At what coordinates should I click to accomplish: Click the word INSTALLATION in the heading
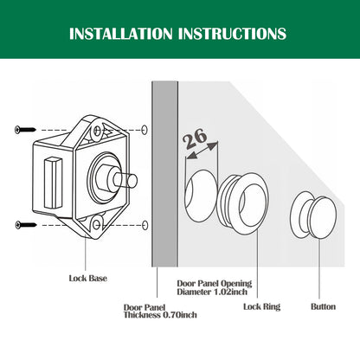(121, 34)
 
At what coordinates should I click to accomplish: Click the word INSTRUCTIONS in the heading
(232, 34)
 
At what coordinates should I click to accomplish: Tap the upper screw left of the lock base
(25, 130)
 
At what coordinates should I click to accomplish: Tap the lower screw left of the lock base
(26, 224)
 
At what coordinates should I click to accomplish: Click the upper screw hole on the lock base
(98, 131)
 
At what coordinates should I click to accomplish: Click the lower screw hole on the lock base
(97, 224)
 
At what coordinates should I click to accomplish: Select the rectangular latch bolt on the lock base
(53, 183)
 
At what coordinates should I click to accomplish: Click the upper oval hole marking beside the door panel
(145, 130)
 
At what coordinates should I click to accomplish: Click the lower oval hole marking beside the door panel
(145, 225)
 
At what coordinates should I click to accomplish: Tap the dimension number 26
(195, 138)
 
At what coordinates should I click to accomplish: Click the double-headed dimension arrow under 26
(202, 151)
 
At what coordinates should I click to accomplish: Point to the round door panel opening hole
(201, 196)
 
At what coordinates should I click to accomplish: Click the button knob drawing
(313, 215)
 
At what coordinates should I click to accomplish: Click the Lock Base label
(88, 279)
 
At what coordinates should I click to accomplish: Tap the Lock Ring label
(262, 306)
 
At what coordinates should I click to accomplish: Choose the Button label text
(324, 306)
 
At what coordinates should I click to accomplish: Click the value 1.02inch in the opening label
(230, 292)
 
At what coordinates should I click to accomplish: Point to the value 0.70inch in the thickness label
(180, 315)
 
